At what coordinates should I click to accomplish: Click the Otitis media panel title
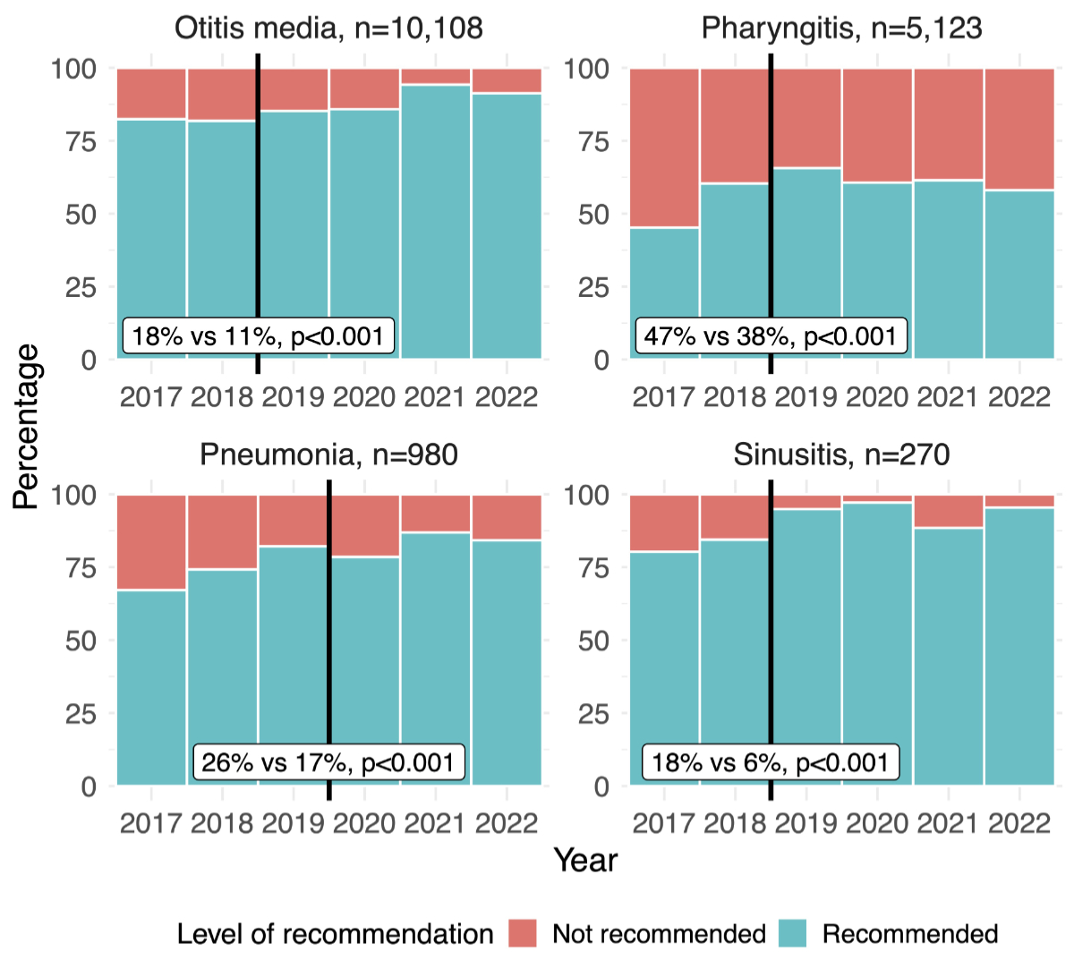pyautogui.click(x=328, y=29)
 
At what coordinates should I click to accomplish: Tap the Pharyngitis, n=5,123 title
pyautogui.click(x=841, y=29)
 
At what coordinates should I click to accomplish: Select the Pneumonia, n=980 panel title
pyautogui.click(x=328, y=455)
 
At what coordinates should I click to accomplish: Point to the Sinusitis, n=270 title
pyautogui.click(x=841, y=455)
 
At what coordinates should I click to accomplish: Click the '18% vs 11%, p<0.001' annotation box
pyautogui.click(x=258, y=336)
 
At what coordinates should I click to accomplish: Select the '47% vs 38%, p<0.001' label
pyautogui.click(x=771, y=336)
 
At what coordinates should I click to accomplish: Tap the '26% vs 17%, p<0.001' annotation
pyautogui.click(x=328, y=763)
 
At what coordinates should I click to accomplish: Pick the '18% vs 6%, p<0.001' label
pyautogui.click(x=771, y=763)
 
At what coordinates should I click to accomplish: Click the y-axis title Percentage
pyautogui.click(x=27, y=427)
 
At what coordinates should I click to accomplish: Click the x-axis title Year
pyautogui.click(x=585, y=861)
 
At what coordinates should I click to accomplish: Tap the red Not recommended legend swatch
pyautogui.click(x=523, y=934)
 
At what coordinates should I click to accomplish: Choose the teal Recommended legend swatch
pyautogui.click(x=792, y=934)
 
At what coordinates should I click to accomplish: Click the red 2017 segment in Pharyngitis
pyautogui.click(x=664, y=148)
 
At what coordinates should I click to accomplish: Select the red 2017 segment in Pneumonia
pyautogui.click(x=151, y=542)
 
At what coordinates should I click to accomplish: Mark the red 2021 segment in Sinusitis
pyautogui.click(x=948, y=512)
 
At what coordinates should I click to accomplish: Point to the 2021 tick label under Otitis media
pyautogui.click(x=435, y=397)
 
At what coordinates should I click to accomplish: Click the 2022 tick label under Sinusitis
pyautogui.click(x=1019, y=824)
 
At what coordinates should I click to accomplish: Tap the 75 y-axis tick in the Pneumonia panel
pyautogui.click(x=81, y=568)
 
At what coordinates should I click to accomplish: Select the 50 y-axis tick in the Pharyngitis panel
pyautogui.click(x=593, y=215)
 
